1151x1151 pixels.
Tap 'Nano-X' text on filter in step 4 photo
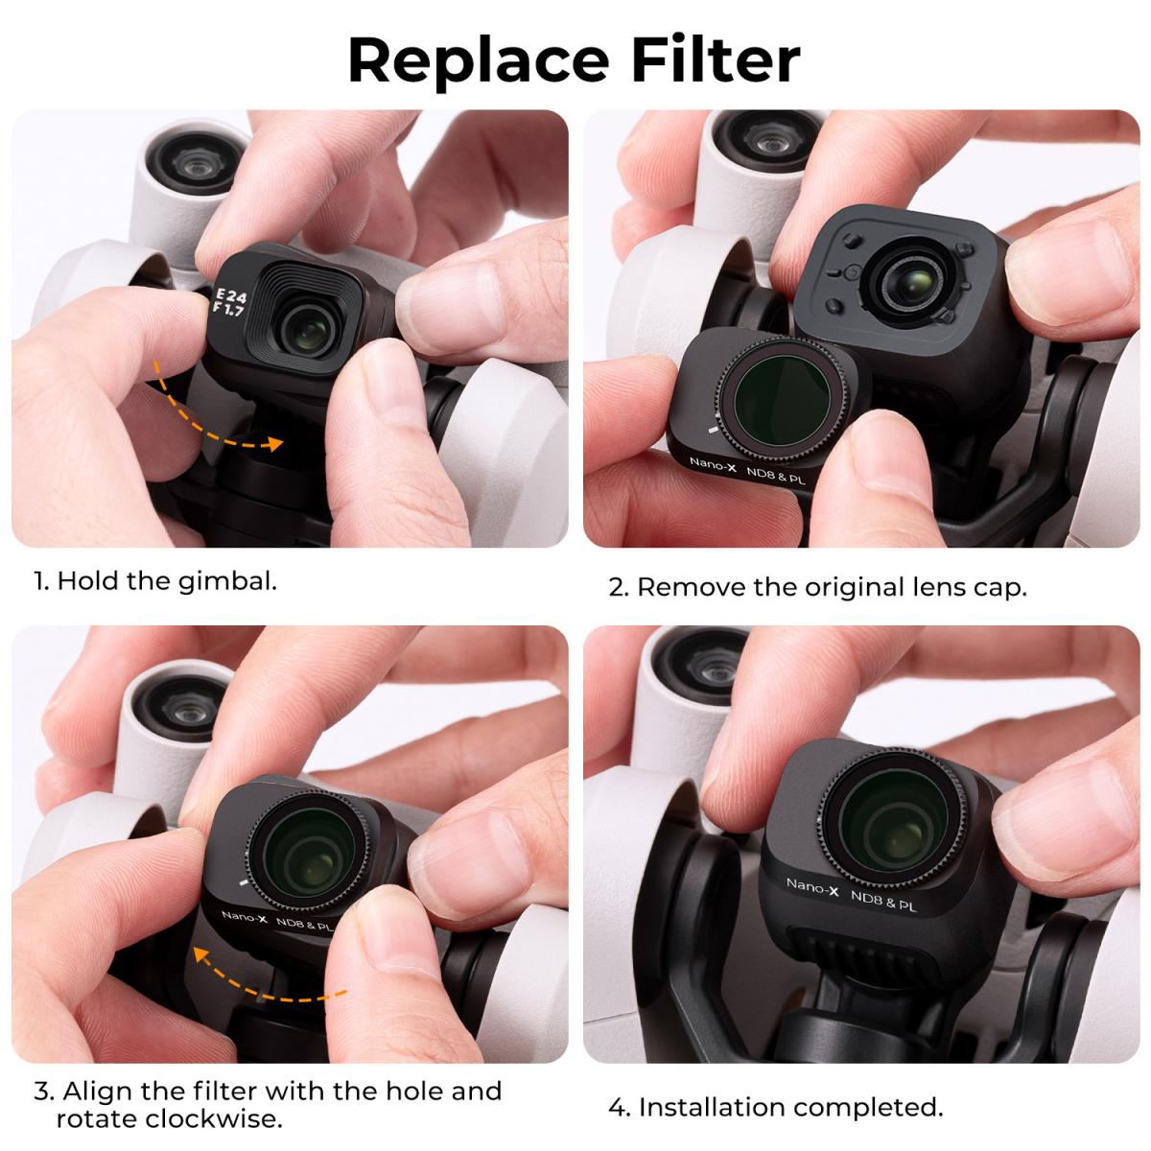[812, 888]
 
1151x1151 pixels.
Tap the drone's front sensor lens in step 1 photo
[190, 160]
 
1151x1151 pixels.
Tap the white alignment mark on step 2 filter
[711, 432]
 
